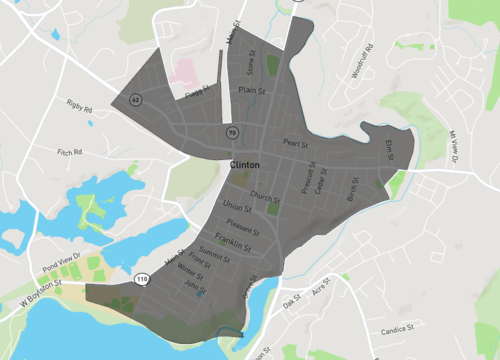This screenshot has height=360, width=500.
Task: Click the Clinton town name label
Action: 245,164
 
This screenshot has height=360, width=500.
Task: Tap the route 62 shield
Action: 135,99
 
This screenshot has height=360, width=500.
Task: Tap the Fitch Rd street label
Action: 69,152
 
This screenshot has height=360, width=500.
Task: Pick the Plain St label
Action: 251,90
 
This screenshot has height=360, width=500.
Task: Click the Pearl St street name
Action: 293,143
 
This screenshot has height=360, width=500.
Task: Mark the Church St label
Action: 265,196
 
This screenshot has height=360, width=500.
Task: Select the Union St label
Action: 237,207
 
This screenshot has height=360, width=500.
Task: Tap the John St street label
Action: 194,285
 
